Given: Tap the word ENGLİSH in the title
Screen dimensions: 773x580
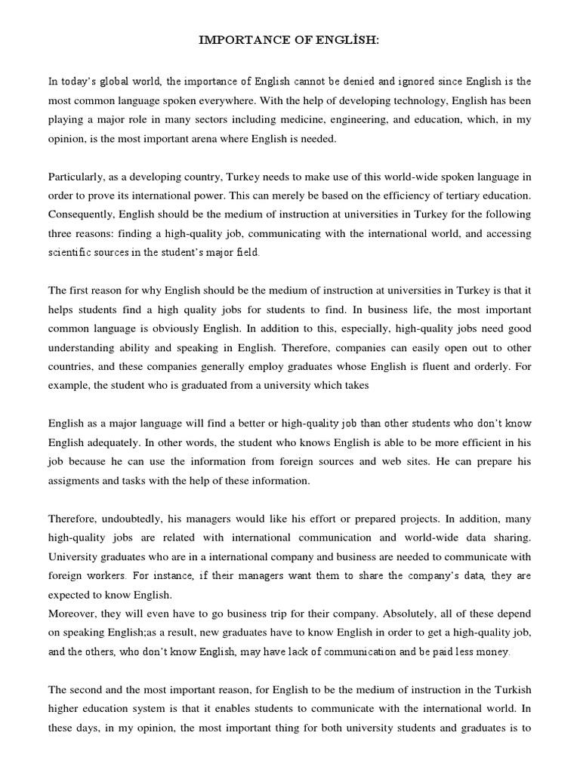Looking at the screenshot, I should pyautogui.click(x=353, y=39).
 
